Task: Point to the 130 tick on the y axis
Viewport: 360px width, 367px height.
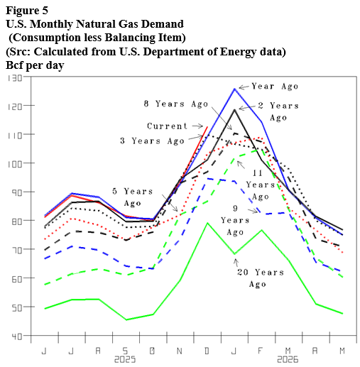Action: coord(13,77)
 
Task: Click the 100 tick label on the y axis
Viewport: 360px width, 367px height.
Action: coord(13,163)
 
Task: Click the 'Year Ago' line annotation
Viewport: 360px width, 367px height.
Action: coord(278,86)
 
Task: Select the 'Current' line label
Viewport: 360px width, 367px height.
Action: coord(167,126)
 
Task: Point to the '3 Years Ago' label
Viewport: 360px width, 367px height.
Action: coord(151,141)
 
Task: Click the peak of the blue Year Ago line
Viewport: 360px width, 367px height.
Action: coord(234,89)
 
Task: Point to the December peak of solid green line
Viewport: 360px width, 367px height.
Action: coord(207,223)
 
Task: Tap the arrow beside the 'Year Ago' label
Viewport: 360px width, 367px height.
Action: coord(246,86)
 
